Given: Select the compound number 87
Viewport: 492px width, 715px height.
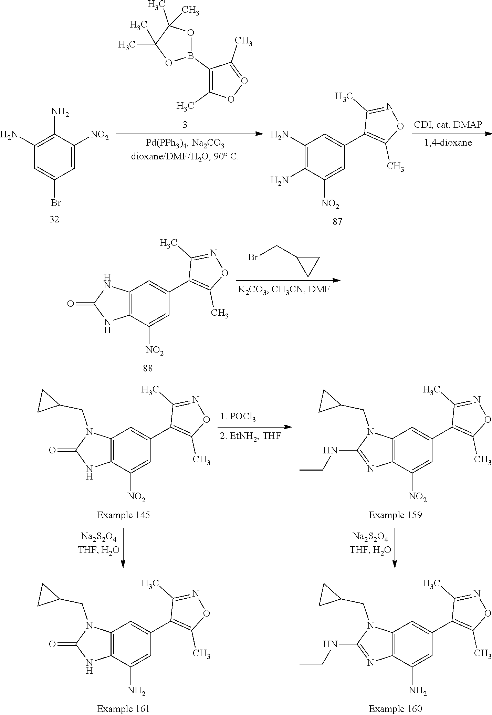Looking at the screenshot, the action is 337,221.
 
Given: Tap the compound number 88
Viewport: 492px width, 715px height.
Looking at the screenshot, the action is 148,368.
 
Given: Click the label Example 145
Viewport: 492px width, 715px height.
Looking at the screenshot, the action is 123,515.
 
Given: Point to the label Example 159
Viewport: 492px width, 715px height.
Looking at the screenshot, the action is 395,515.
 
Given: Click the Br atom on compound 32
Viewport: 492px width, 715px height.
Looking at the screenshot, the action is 56,203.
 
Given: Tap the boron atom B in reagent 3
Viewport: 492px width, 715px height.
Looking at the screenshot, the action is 191,55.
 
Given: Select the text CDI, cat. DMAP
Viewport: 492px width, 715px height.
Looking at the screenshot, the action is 448,125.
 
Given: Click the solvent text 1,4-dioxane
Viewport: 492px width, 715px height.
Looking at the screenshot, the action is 448,143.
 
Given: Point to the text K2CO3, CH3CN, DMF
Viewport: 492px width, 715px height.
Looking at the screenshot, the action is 283,289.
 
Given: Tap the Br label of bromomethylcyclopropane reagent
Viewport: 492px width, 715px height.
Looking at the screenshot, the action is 253,257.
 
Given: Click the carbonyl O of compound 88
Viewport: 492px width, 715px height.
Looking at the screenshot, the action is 71,304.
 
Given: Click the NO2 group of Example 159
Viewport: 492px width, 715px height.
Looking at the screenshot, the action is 418,497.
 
